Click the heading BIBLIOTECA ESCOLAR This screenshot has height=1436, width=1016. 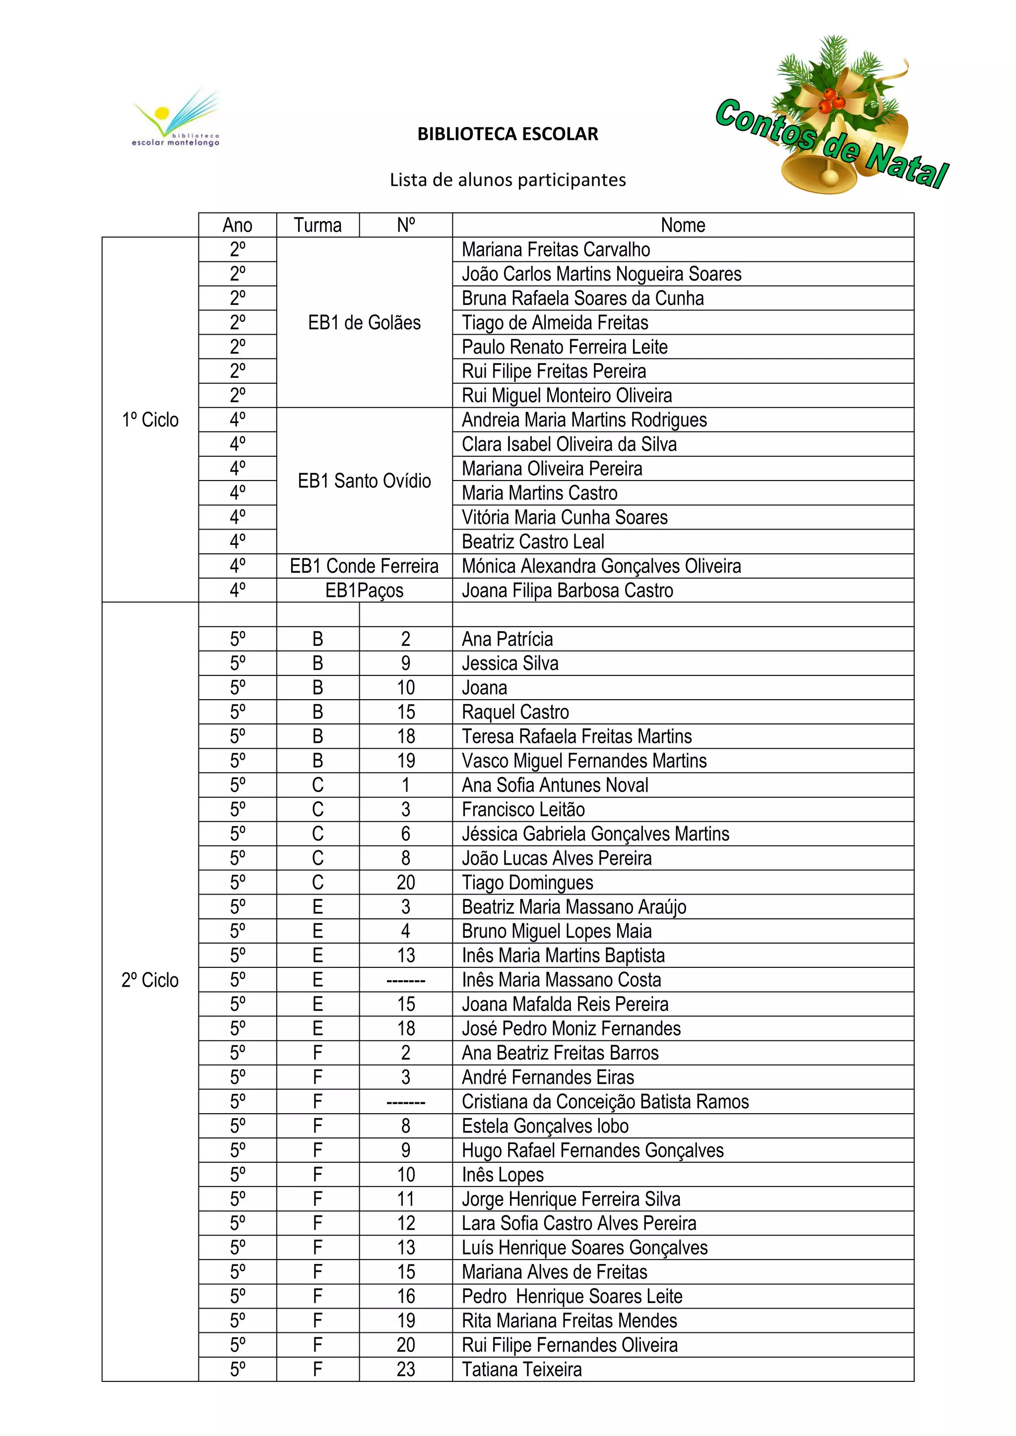(508, 134)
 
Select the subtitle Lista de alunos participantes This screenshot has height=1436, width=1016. (508, 180)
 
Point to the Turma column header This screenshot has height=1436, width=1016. (318, 225)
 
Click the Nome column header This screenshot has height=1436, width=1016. (683, 225)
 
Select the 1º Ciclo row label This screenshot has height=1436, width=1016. (150, 419)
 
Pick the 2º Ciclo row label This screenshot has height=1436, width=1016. (150, 979)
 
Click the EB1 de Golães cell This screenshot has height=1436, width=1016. (364, 323)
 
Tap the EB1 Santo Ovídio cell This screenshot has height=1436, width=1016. (364, 481)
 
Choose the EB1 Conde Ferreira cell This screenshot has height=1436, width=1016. (364, 566)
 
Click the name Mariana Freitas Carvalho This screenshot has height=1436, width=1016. (556, 249)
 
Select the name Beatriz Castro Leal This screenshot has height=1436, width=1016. (533, 541)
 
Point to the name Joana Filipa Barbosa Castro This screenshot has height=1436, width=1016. (568, 591)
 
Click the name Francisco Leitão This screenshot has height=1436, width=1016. (523, 809)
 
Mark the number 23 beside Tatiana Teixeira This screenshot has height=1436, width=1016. (405, 1369)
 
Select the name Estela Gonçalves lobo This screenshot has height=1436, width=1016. (545, 1126)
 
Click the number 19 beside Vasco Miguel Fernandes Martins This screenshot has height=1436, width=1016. (405, 761)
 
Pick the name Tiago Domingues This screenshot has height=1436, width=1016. (527, 883)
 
